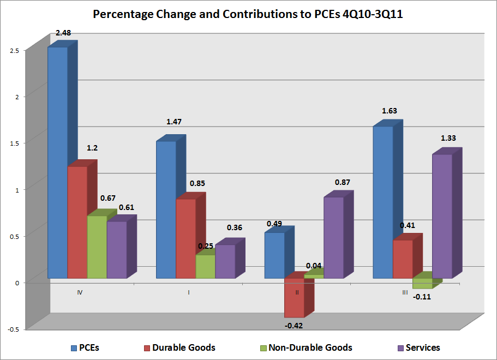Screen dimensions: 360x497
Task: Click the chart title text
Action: (x=248, y=14)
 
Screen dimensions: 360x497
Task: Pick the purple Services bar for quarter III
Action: (x=442, y=216)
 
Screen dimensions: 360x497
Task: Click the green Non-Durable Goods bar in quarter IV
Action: (x=97, y=247)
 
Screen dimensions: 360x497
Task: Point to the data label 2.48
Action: (x=64, y=34)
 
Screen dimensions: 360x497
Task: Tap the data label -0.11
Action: (x=421, y=297)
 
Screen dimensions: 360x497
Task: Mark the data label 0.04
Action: (x=314, y=266)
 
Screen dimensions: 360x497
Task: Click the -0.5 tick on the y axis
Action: (x=13, y=329)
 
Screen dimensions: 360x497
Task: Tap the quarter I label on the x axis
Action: (x=189, y=292)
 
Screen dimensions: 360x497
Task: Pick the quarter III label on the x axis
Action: (x=404, y=292)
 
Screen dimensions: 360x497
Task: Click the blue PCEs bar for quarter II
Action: (x=274, y=255)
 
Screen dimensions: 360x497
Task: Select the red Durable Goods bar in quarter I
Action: (x=186, y=238)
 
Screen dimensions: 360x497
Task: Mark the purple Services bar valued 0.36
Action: (x=225, y=261)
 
